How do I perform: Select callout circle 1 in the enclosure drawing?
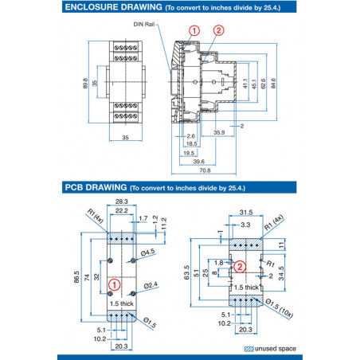(194, 30)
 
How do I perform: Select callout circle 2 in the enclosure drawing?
(218, 30)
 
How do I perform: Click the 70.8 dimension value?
(205, 170)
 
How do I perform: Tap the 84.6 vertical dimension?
(273, 82)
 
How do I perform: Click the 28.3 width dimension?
(122, 202)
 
